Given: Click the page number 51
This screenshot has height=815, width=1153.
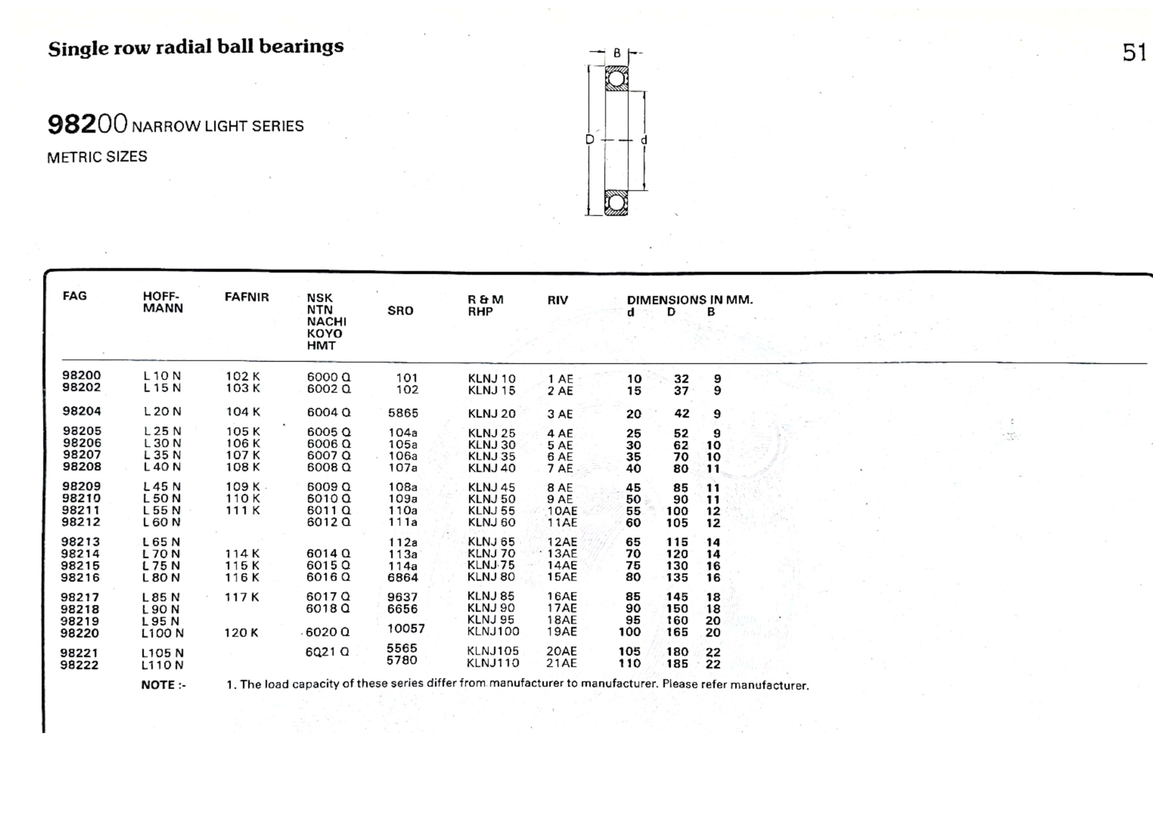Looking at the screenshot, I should point(1133,53).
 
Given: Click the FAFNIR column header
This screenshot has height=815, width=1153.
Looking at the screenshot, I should point(247,297).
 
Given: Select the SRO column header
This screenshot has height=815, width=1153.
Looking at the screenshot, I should point(400,311).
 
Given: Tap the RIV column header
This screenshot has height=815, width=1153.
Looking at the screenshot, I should point(557,300).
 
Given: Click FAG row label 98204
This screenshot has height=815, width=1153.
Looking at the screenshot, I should point(82,412).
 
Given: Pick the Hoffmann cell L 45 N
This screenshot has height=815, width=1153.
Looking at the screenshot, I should point(162,487).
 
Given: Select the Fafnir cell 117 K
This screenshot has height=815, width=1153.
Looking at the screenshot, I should point(242,597).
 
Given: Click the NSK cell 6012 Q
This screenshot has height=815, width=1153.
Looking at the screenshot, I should point(329,522).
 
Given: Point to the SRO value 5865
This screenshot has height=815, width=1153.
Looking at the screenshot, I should point(403,413).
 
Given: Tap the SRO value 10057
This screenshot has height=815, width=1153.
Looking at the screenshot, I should point(406,628).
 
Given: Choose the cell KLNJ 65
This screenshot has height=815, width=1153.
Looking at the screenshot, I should point(491,542).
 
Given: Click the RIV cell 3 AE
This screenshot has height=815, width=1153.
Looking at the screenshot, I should point(560,414).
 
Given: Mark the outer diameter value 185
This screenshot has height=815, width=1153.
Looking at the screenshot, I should point(677,664).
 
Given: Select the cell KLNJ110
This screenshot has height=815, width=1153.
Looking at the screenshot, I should point(493,663).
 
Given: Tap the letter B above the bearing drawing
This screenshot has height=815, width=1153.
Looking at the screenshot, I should point(617,53).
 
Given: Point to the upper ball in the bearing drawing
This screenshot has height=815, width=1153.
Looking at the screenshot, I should point(616,78).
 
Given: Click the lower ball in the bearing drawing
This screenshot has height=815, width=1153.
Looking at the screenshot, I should point(616,203).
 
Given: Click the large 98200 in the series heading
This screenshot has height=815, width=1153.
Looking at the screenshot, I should point(87,124).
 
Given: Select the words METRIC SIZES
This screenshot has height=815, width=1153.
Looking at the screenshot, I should point(97,157).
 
